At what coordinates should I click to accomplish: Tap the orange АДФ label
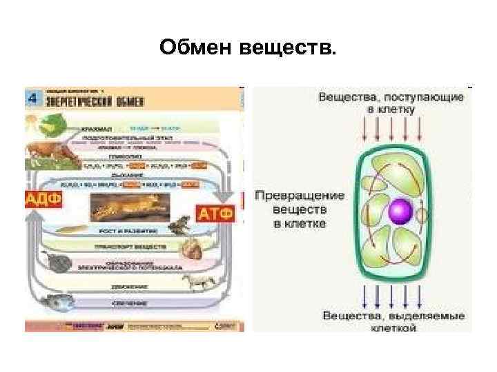tap(43, 200)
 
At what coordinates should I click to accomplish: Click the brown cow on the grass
tap(48, 153)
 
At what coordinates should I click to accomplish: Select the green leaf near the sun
tap(52, 124)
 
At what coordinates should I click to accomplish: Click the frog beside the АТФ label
tap(181, 225)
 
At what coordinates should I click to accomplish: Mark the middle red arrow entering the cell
tap(391, 130)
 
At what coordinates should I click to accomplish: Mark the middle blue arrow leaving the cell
tap(391, 293)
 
